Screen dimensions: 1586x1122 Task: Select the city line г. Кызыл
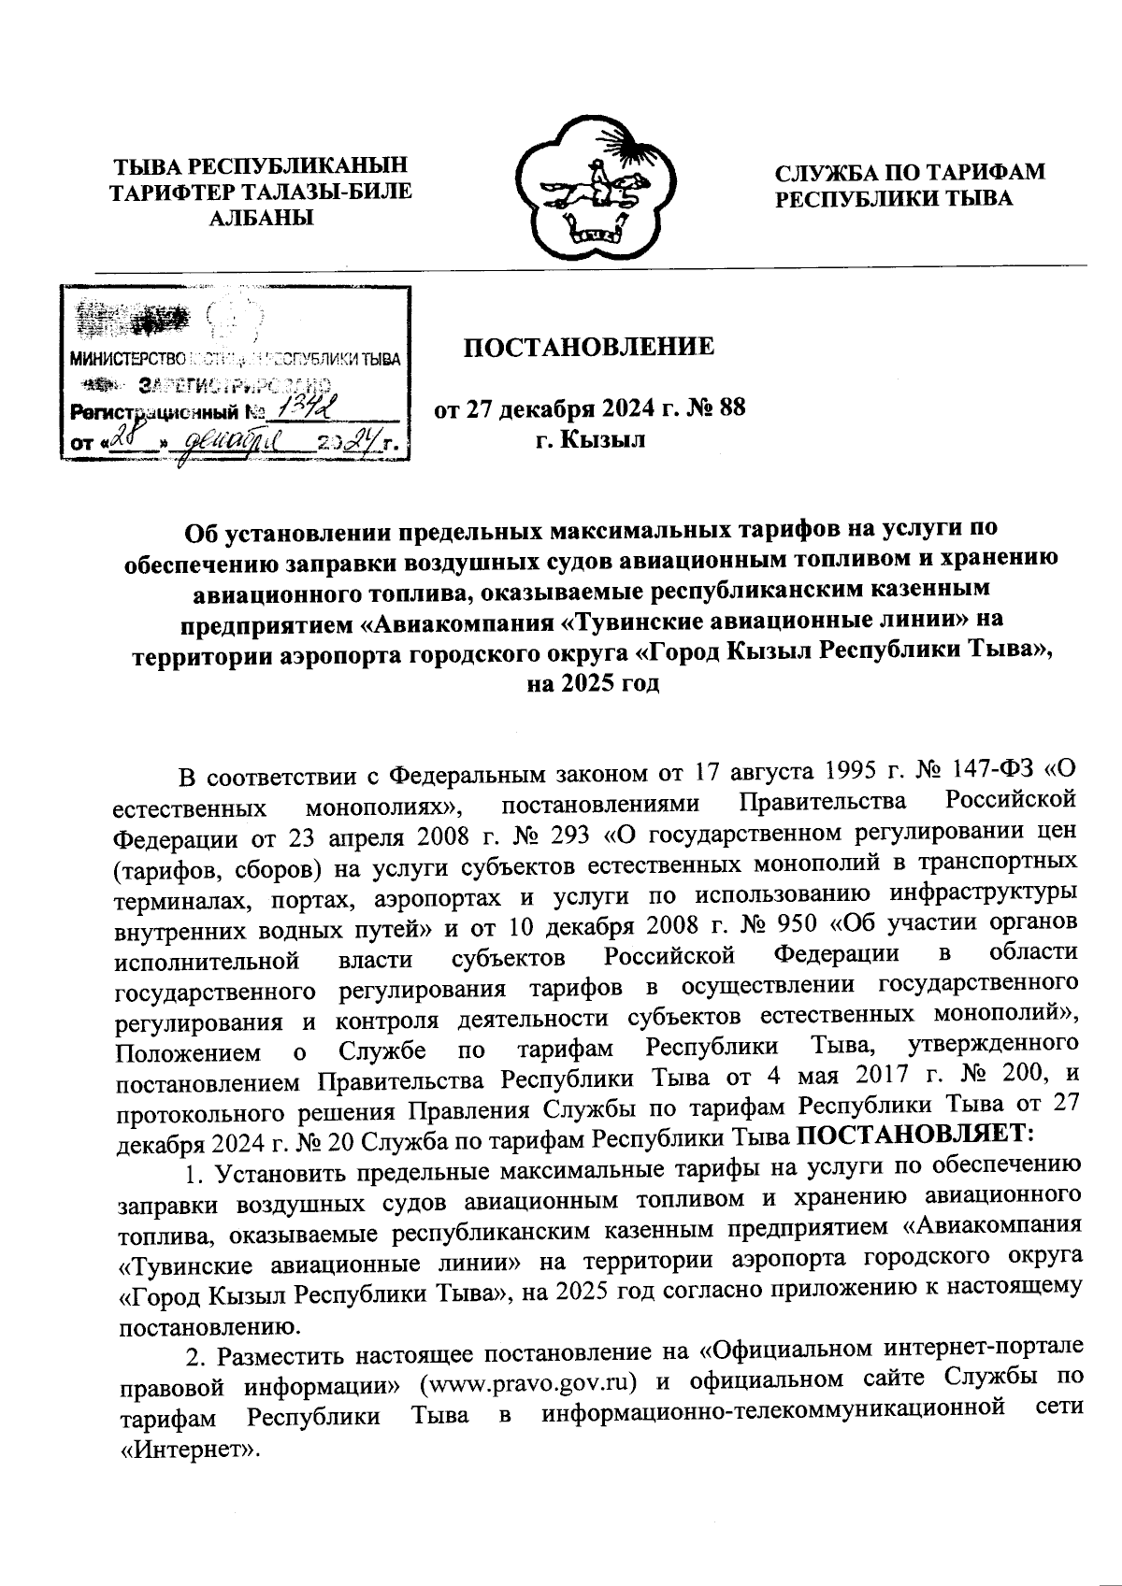(590, 439)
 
